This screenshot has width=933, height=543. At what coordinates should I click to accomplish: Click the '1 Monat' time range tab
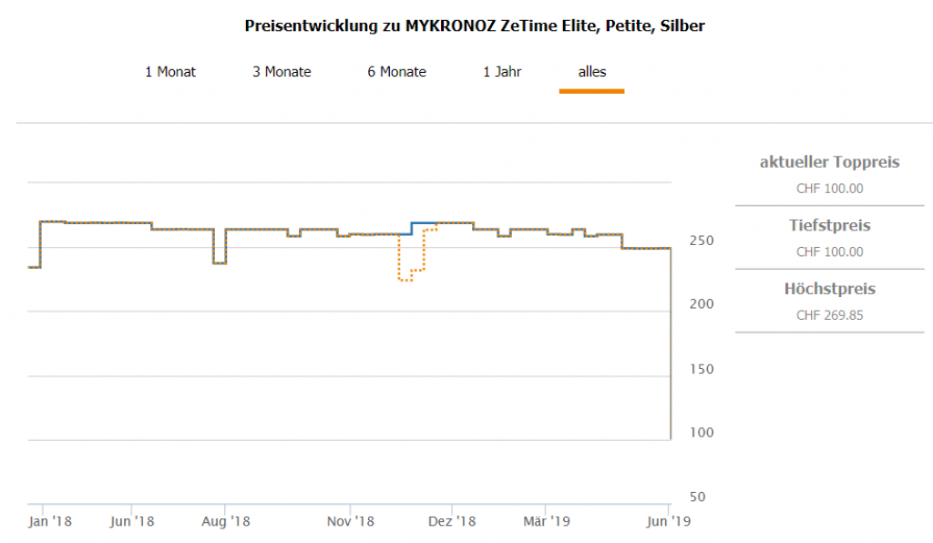170,72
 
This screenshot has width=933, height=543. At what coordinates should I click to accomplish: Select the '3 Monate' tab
282,72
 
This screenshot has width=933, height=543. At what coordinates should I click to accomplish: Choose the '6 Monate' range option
396,72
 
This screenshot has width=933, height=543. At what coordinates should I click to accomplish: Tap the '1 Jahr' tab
502,72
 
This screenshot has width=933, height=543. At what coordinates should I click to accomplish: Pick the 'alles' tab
591,72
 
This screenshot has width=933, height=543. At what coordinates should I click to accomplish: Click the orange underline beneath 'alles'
591,91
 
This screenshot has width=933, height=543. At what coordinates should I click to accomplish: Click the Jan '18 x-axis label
49,522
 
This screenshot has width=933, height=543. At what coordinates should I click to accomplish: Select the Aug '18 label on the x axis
226,522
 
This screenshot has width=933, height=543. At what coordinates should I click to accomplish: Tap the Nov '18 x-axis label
351,522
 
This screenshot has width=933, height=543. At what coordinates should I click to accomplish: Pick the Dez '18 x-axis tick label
452,522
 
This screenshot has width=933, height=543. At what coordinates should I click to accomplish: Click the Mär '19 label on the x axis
546,522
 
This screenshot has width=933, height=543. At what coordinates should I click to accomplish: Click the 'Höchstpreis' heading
829,290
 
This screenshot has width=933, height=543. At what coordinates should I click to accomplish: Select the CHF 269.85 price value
829,315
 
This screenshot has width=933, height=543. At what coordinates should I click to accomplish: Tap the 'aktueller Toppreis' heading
829,163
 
